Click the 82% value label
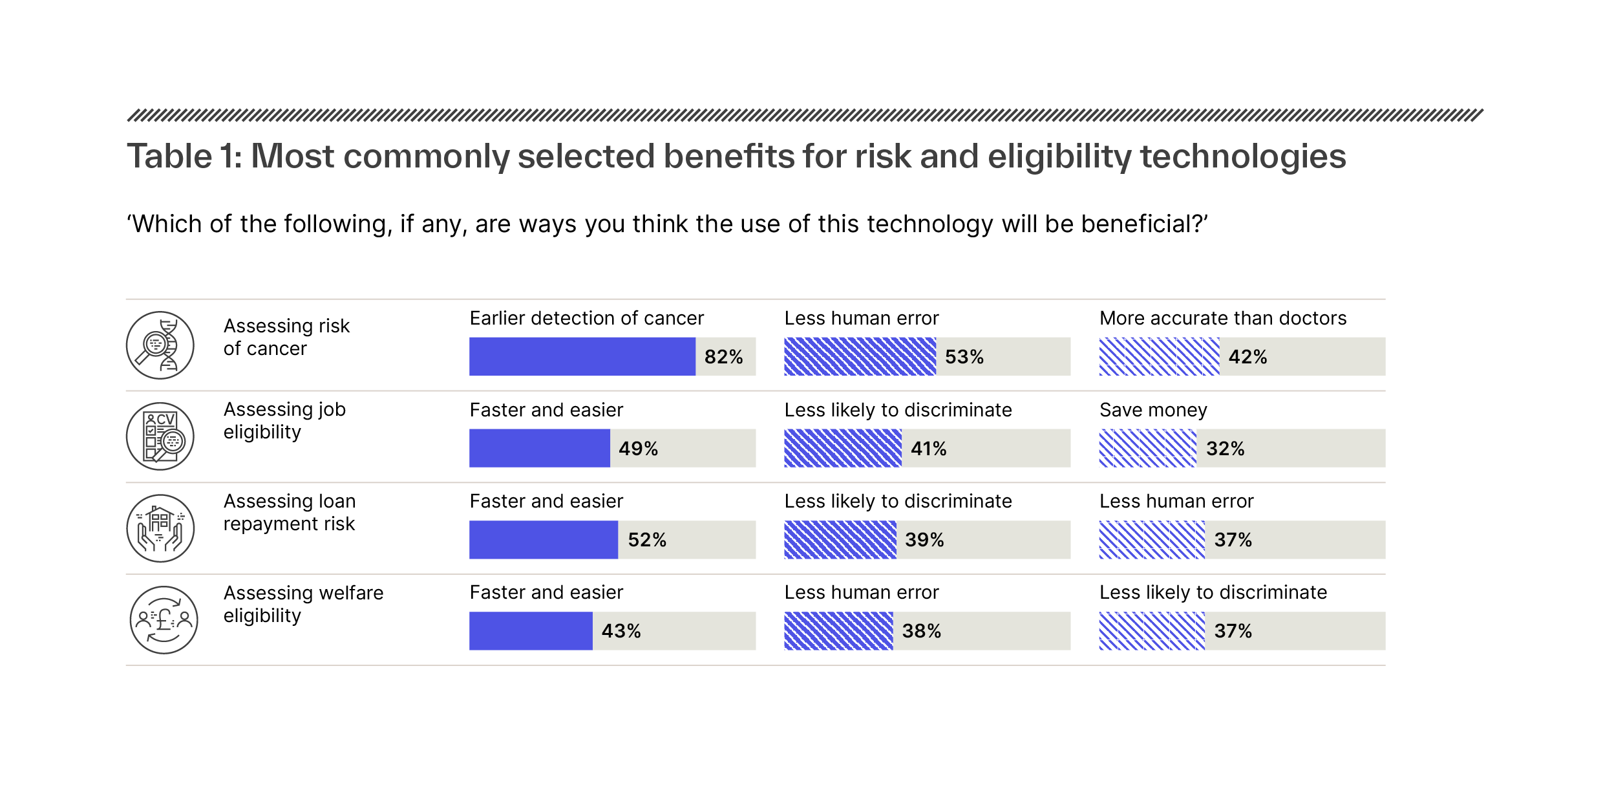pos(723,357)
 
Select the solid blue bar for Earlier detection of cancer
pos(582,356)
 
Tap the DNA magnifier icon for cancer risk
pos(160,345)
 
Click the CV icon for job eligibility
pos(160,436)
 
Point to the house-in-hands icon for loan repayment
pos(160,528)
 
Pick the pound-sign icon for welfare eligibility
pos(164,620)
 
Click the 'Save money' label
pos(1153,410)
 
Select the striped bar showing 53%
pos(859,356)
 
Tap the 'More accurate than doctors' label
pos(1222,318)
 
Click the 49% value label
pos(638,449)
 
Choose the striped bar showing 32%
pos(1147,448)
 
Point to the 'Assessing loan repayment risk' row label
pos(289,512)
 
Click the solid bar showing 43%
pos(530,631)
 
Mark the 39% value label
pos(924,540)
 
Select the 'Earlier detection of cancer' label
pos(586,318)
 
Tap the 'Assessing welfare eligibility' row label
pos(303,604)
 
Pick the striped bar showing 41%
pos(842,448)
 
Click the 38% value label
pos(921,631)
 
